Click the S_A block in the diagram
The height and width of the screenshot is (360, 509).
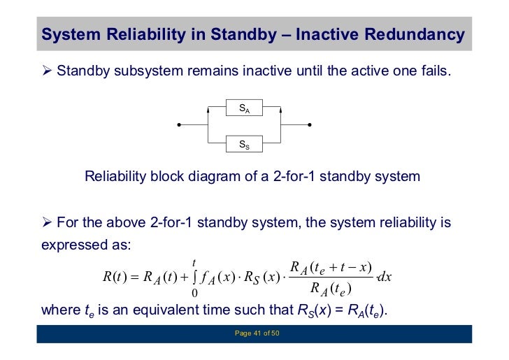pyautogui.click(x=245, y=110)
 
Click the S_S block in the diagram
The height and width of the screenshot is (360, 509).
pyautogui.click(x=245, y=145)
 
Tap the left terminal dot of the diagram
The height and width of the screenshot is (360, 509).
pyautogui.click(x=180, y=126)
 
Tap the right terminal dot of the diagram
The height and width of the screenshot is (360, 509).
pyautogui.click(x=310, y=126)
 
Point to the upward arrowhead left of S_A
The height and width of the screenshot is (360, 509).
pyautogui.click(x=208, y=110)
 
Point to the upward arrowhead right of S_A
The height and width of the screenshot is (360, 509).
pyautogui.click(x=281, y=110)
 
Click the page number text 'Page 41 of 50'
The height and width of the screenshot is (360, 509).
pyautogui.click(x=257, y=334)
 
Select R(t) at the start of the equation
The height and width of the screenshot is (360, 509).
pyautogui.click(x=114, y=277)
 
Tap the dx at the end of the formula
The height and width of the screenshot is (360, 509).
pyautogui.click(x=385, y=277)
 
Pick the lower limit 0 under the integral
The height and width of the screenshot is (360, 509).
pyautogui.click(x=194, y=292)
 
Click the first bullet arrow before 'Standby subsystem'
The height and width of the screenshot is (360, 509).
pyautogui.click(x=46, y=71)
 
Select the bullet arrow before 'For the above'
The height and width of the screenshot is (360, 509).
pyautogui.click(x=46, y=223)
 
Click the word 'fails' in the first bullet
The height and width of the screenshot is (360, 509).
pyautogui.click(x=433, y=71)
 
